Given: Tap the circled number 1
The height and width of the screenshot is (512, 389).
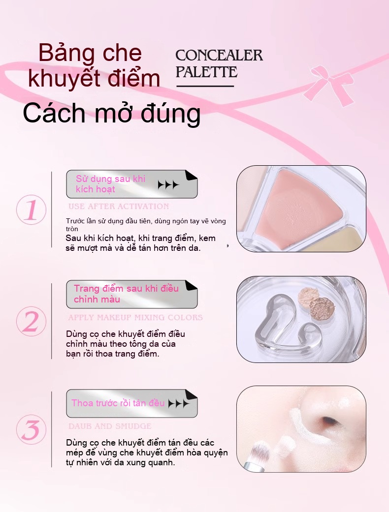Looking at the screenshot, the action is coord(31,210).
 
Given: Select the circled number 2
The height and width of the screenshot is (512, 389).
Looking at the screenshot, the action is coord(31,321).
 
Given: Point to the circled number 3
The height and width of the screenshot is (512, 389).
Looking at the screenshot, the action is coord(31,430).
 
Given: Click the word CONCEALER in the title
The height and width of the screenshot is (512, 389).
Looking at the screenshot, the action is coord(219,56).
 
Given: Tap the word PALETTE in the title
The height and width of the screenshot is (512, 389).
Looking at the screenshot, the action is coord(206,72).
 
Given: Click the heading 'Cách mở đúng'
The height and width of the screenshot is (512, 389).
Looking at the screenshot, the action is coord(111,113).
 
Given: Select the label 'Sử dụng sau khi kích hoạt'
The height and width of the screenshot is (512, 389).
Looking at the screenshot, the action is coord(110,184).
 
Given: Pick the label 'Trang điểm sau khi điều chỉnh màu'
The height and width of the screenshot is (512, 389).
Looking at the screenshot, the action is coord(126,294).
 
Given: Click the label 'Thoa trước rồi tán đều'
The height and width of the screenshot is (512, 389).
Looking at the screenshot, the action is coord(118,403).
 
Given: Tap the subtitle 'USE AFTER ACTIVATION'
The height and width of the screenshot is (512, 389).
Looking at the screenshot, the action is coord(119,207).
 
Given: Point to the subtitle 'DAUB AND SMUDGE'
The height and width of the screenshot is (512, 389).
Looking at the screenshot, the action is coord(110,426).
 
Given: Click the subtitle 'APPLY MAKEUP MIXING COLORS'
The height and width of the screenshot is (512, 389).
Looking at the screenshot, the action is coord(135,317).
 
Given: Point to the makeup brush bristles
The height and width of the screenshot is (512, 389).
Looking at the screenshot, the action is coord(259,451).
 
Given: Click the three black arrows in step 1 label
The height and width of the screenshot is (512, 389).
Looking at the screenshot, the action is coord(168,185).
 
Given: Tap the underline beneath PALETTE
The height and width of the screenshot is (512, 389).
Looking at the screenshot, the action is coord(205,86).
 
